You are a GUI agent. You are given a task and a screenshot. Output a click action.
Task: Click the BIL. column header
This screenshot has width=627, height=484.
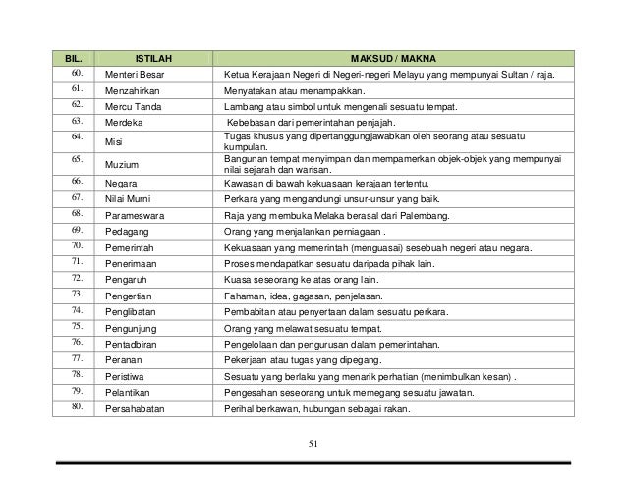[x=74, y=59]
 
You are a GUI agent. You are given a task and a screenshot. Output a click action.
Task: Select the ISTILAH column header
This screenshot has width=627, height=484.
[x=153, y=59]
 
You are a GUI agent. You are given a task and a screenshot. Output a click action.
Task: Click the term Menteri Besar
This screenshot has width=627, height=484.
[x=136, y=75]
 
